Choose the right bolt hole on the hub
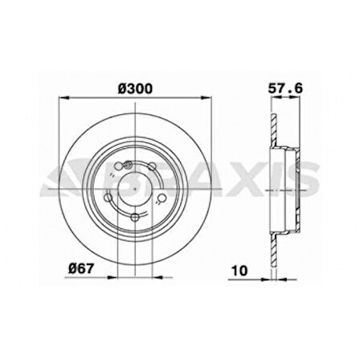[161, 196]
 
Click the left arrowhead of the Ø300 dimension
[60, 100]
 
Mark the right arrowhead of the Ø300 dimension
[211, 100]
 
